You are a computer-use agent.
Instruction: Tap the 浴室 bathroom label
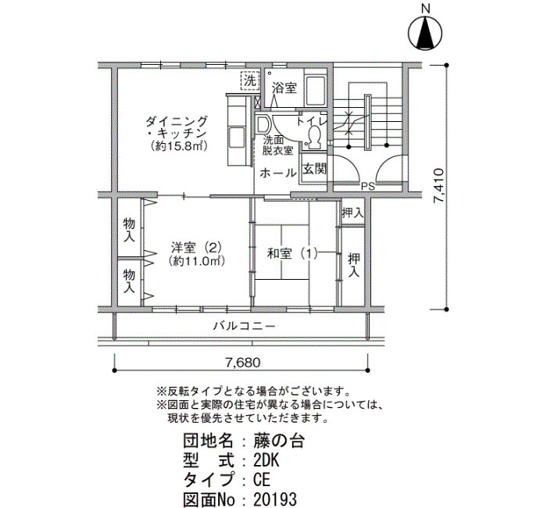pyautogui.click(x=284, y=88)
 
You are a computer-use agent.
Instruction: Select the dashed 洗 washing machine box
pyautogui.click(x=250, y=81)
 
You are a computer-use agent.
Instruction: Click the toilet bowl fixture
pyautogui.click(x=315, y=137)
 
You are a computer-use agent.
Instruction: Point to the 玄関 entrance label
pyautogui.click(x=314, y=170)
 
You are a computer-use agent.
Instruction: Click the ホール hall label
pyautogui.click(x=277, y=173)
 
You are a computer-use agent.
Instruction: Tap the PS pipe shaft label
pyautogui.click(x=368, y=187)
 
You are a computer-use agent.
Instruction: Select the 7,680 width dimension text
pyautogui.click(x=243, y=363)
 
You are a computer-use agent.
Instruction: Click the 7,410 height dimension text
pyautogui.click(x=438, y=186)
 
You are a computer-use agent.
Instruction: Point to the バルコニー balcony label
pyautogui.click(x=245, y=327)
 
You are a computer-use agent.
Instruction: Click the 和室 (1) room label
pyautogui.click(x=293, y=254)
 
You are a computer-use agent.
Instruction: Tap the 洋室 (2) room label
pyautogui.click(x=196, y=248)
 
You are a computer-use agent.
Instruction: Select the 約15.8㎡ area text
pyautogui.click(x=180, y=146)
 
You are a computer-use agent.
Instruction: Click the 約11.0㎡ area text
pyautogui.click(x=196, y=261)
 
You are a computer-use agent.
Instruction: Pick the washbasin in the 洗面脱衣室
pyautogui.click(x=263, y=124)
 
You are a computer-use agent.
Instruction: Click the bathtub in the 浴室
pyautogui.click(x=316, y=90)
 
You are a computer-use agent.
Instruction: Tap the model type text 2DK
pyautogui.click(x=266, y=461)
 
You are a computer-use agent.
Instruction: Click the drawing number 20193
pyautogui.click(x=275, y=499)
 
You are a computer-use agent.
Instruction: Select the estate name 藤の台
pyautogui.click(x=279, y=442)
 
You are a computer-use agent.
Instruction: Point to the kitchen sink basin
pyautogui.click(x=237, y=137)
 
